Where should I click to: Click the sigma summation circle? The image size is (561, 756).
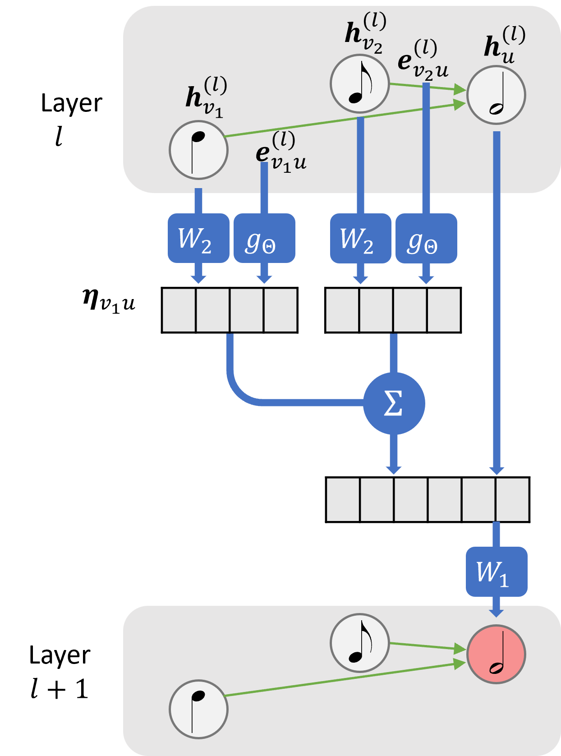tap(394, 403)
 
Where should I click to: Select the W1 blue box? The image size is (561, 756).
tap(496, 572)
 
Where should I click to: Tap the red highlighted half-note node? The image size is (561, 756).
tap(496, 654)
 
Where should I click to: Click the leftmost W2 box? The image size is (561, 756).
tap(198, 238)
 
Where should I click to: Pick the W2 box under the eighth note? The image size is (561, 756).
tap(360, 238)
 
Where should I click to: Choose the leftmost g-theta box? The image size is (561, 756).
tap(264, 238)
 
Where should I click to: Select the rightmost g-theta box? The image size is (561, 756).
tap(426, 238)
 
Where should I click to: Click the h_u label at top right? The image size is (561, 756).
tap(504, 45)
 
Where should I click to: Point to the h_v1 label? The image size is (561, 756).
tap(206, 97)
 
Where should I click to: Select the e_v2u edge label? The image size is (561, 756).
tap(422, 60)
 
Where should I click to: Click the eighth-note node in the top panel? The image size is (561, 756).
tap(359, 84)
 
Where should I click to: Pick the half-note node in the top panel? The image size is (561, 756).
tap(496, 95)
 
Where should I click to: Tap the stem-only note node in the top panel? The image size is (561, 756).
tap(198, 150)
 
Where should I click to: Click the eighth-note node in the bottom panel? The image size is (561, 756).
tap(359, 643)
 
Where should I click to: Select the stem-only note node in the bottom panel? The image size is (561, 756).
tap(198, 709)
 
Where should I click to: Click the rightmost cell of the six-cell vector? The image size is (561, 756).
tap(512, 499)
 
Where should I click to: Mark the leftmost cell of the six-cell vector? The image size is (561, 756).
tap(343, 499)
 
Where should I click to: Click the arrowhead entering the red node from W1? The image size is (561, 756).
tap(496, 613)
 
